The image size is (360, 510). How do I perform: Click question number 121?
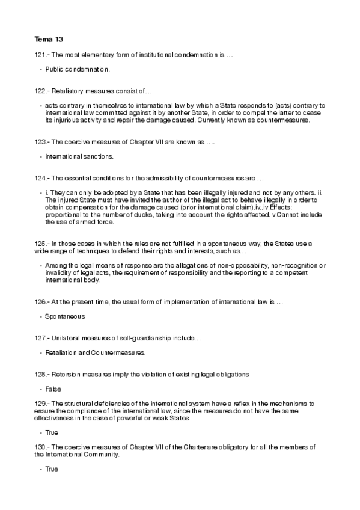(41, 55)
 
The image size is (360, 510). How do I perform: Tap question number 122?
(41, 91)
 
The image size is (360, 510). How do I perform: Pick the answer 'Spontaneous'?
(65, 315)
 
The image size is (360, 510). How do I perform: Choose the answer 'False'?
(53, 389)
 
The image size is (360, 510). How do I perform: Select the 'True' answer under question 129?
(52, 432)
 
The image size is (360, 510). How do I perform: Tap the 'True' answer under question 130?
(52, 469)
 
